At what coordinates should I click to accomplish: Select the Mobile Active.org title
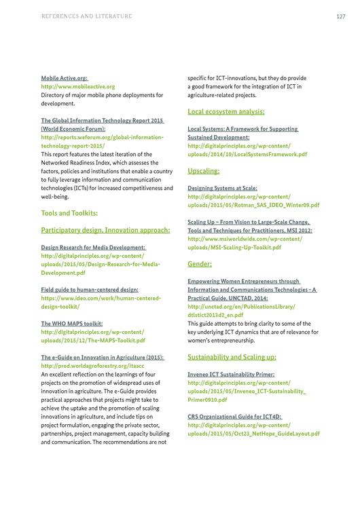65,78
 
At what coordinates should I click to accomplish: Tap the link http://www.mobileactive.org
78,87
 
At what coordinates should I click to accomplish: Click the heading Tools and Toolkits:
69,213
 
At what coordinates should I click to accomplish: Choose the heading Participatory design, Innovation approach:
105,230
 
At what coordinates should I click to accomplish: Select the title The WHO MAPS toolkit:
72,324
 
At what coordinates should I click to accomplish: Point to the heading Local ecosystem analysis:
226,111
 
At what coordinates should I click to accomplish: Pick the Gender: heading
200,263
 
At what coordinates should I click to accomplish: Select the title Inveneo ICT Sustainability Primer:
231,373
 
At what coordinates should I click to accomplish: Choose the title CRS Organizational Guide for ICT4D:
234,416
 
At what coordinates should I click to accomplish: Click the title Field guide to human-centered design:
90,290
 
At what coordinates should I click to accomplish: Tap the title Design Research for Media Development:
93,248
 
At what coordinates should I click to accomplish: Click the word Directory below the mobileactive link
55,95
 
